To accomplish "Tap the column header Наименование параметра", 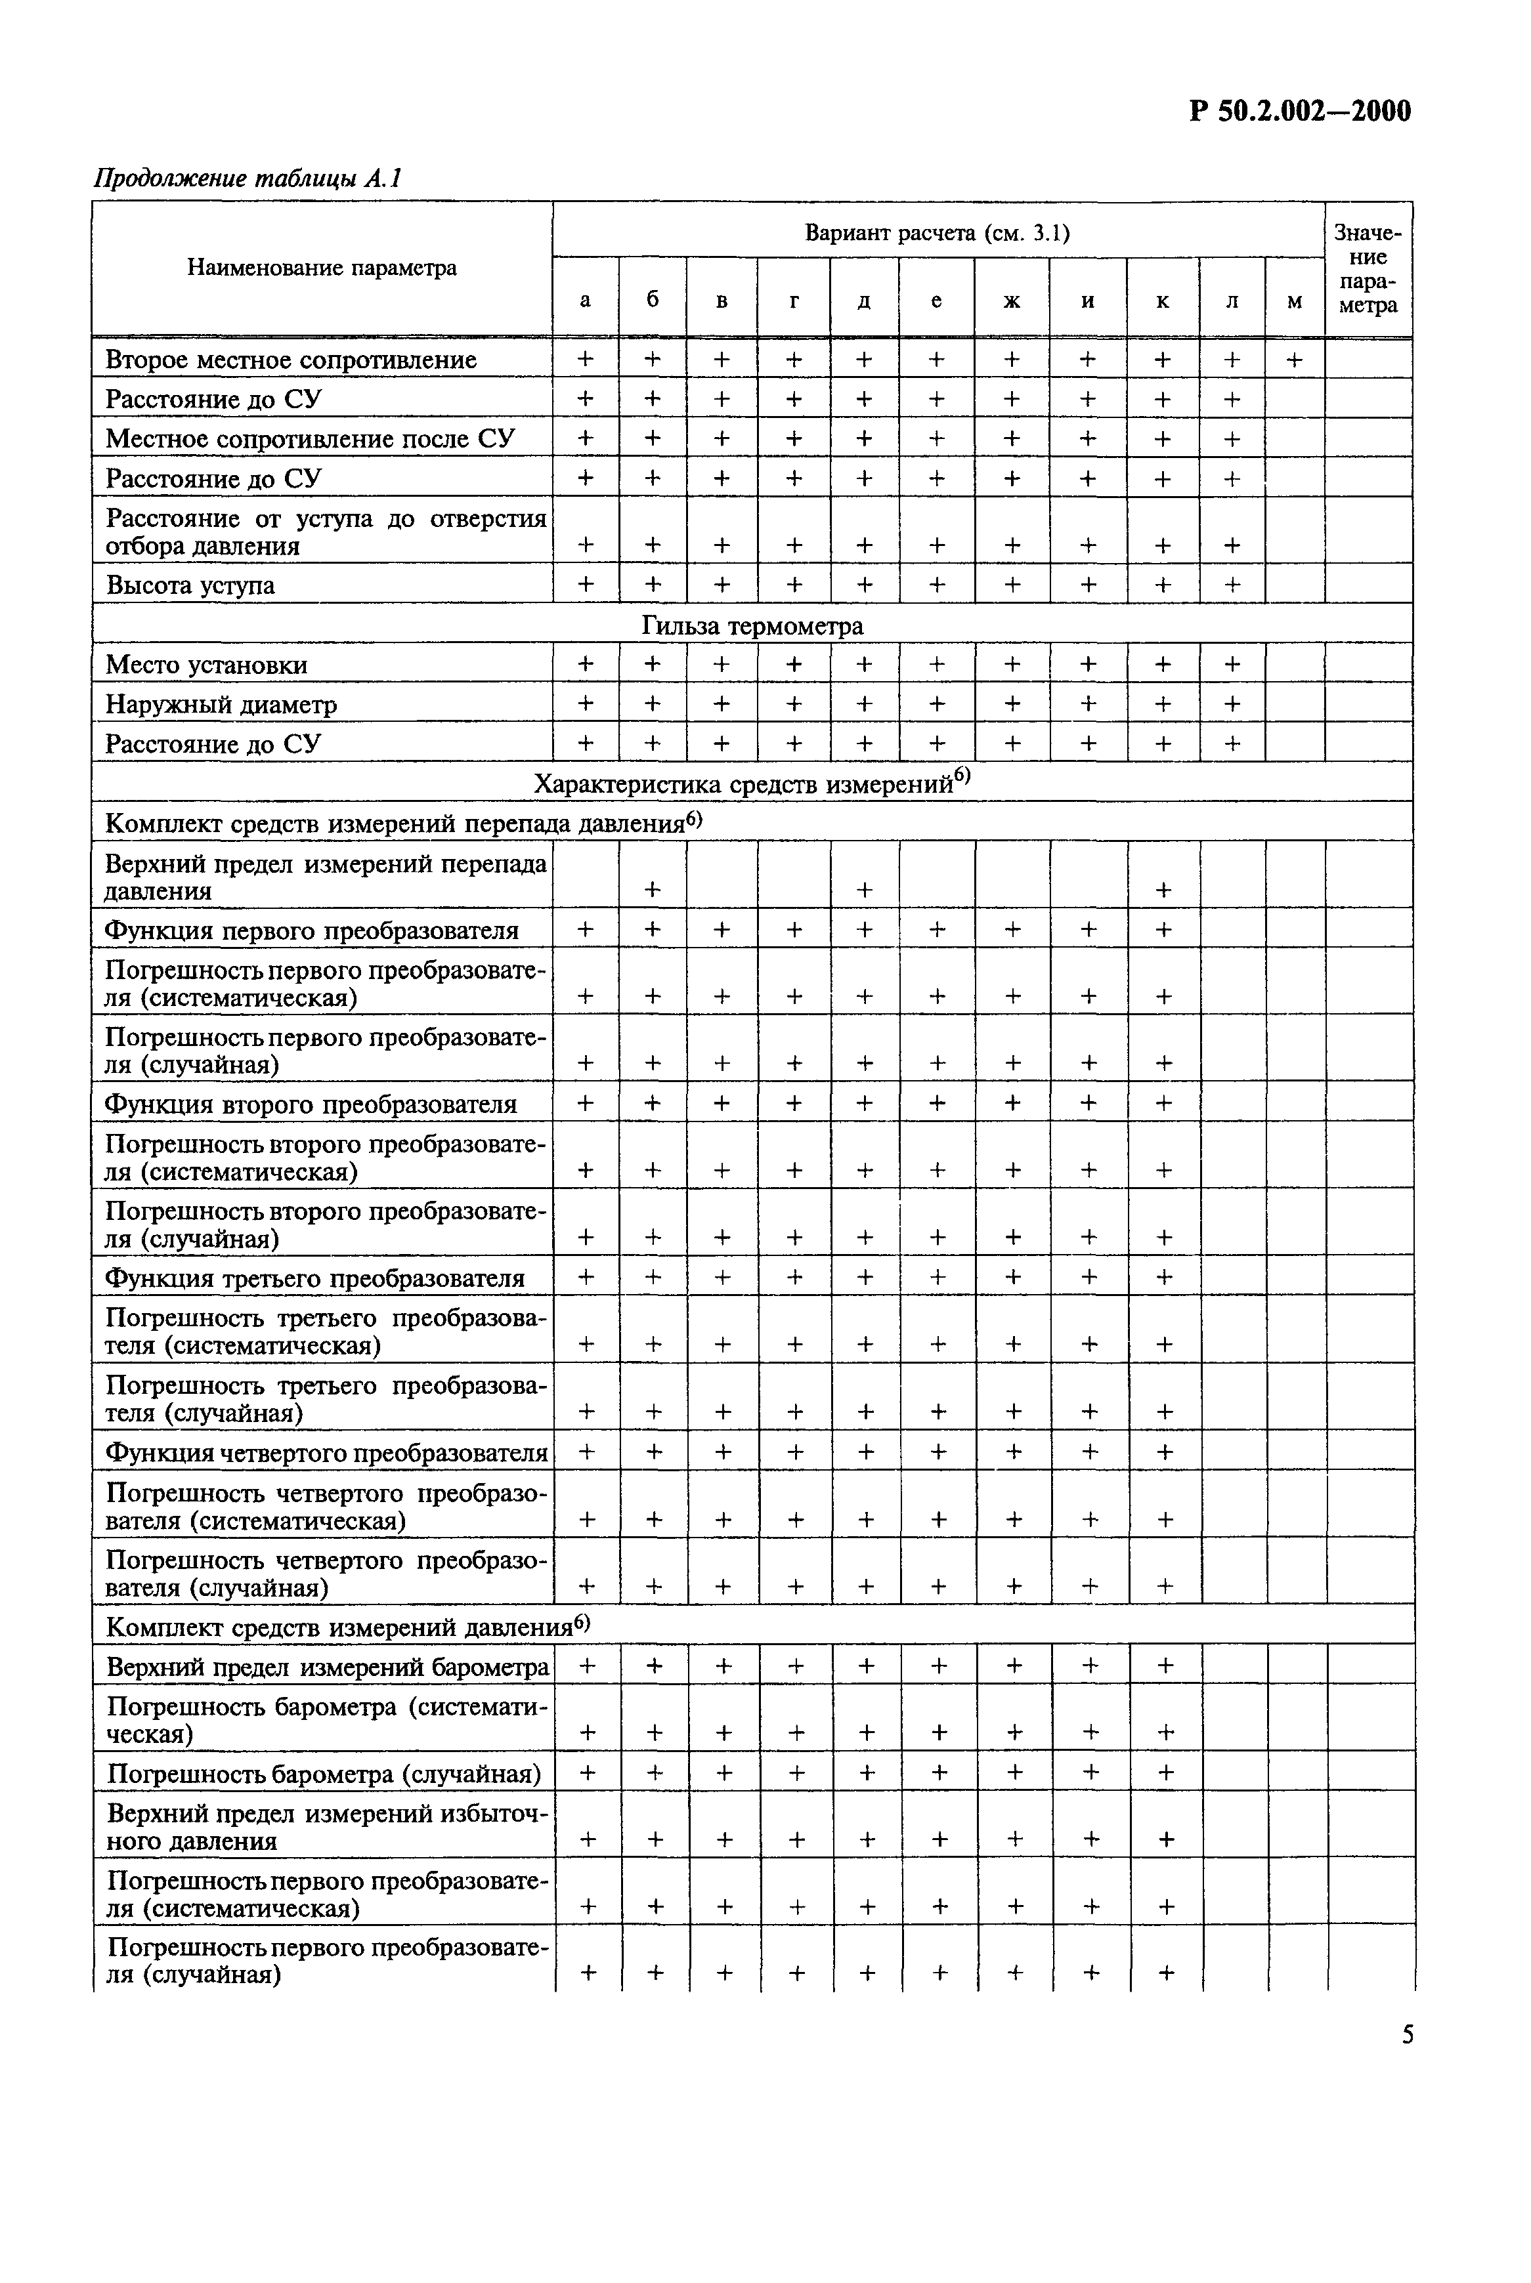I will [322, 268].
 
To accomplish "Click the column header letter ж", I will [1012, 301].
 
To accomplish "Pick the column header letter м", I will [1294, 301].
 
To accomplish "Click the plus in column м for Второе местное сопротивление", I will [1294, 359].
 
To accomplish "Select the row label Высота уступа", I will [190, 585].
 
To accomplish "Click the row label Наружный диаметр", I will [222, 703].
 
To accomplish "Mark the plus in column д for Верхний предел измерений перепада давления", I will [864, 889].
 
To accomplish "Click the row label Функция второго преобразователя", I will [311, 1104].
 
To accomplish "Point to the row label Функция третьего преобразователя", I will [315, 1278].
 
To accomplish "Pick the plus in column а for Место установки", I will [585, 663].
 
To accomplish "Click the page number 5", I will [1407, 2034].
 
